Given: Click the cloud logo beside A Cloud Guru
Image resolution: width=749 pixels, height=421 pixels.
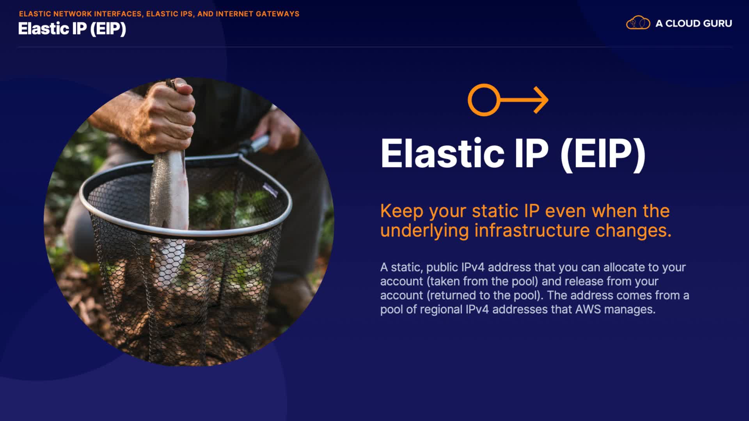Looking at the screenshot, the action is pyautogui.click(x=638, y=23).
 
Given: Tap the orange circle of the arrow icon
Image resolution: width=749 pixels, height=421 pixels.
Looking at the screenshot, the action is pyautogui.click(x=484, y=100).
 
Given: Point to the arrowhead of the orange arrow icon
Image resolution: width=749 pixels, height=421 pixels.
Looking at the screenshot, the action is pyautogui.click(x=541, y=100).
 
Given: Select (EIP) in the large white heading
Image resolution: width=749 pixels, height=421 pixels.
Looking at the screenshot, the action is pyautogui.click(x=603, y=155).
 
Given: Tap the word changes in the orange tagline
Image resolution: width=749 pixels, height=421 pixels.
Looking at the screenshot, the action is pyautogui.click(x=631, y=230).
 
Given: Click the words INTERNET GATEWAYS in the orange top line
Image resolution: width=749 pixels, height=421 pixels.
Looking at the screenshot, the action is pyautogui.click(x=257, y=14).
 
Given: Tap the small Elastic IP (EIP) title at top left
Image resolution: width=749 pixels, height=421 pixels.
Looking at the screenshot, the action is pyautogui.click(x=72, y=29).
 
